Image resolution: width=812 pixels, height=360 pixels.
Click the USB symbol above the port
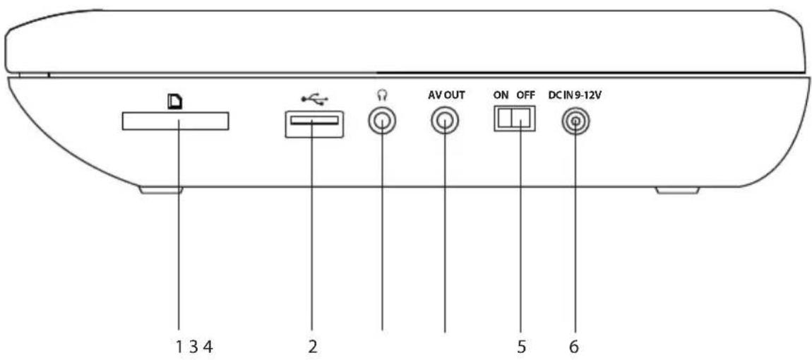coord(315,100)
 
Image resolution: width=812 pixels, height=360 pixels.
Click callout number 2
coord(313,346)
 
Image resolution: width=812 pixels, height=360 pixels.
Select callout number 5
coord(521,346)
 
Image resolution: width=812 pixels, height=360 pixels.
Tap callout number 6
coord(574,346)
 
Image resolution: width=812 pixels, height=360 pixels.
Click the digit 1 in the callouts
coord(179,346)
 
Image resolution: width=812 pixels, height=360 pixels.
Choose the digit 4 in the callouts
coord(208,346)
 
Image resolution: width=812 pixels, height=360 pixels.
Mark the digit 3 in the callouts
coord(193,346)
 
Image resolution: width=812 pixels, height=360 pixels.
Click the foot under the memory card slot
coord(161,191)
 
